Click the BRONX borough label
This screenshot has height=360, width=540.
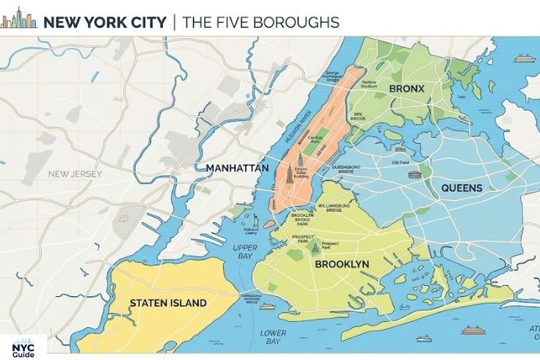click(406, 89)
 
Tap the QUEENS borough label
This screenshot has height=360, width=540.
click(461, 188)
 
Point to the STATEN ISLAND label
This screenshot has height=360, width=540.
click(168, 302)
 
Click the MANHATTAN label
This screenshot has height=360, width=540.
click(237, 168)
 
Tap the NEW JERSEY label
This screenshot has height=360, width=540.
click(75, 174)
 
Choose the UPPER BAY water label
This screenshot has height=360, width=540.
click(245, 252)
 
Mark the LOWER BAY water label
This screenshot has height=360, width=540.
click(273, 337)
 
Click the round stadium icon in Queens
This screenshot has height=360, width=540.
click(415, 175)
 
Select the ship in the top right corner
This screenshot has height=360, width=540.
click(523, 58)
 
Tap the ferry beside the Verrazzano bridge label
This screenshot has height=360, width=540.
click(267, 306)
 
